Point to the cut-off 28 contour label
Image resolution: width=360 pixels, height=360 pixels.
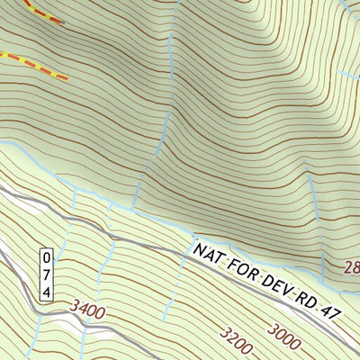click(351, 267)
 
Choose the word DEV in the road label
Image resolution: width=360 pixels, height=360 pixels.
click(274, 280)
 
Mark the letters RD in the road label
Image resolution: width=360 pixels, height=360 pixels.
click(306, 292)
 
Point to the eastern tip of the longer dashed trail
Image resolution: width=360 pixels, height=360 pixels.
click(67, 77)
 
